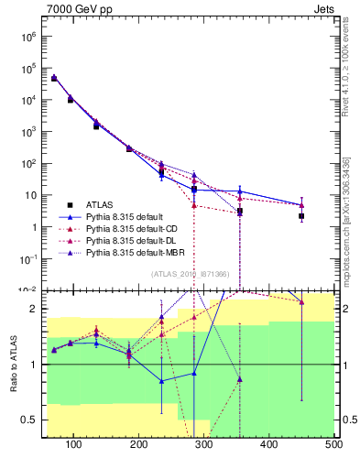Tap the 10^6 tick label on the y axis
(x=28, y=36)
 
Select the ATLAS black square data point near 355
(x=240, y=212)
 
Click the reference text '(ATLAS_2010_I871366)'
(x=190, y=275)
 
